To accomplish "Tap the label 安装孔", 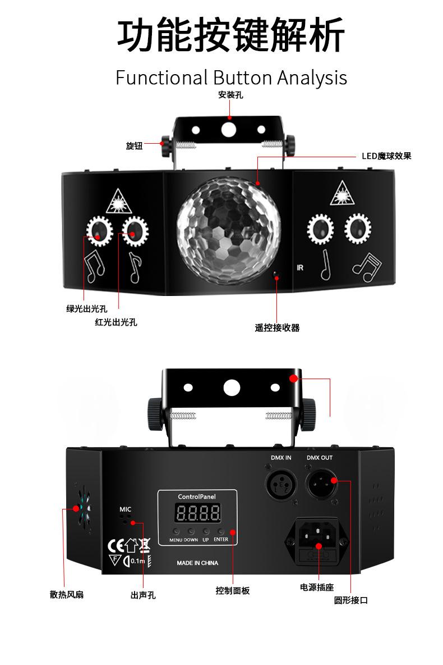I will (x=230, y=95).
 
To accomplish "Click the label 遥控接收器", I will (x=277, y=327).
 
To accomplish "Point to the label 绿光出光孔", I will (x=86, y=308).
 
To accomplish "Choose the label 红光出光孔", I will (x=116, y=322).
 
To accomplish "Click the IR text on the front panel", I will (x=300, y=267).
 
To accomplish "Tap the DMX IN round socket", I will (x=280, y=481).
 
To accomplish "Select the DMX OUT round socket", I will (x=320, y=481).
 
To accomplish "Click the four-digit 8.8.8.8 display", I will (x=197, y=512).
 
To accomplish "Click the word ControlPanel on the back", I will (x=197, y=497).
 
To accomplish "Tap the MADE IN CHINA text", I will (x=197, y=563).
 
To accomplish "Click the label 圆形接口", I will (x=350, y=600).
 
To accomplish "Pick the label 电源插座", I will (x=317, y=587).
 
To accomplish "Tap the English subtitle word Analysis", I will (x=312, y=78).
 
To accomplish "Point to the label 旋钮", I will (x=134, y=146).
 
